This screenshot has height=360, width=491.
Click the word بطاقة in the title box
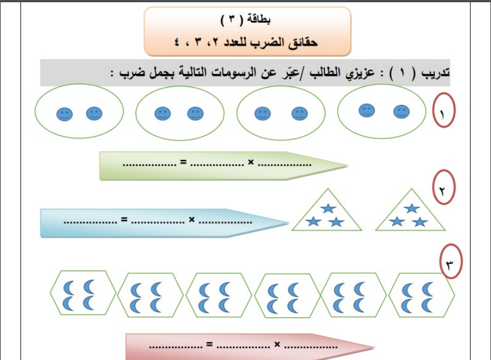coord(259,20)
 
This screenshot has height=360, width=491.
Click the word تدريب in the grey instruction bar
coord(435,73)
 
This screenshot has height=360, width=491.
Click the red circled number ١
coord(444,110)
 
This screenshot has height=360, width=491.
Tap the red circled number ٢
coord(444,187)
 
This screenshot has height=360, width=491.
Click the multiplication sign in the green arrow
coord(251,162)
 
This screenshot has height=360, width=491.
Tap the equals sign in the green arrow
coord(183,162)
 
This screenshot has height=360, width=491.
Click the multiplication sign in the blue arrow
coord(192,220)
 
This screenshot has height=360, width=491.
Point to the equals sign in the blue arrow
coord(125,219)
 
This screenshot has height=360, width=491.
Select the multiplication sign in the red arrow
coord(277,344)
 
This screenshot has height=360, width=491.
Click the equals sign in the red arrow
coord(209,344)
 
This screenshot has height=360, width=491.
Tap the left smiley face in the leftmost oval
coord(65,114)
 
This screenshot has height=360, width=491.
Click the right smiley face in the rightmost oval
coord(401,112)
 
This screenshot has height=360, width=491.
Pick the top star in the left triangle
coord(328,208)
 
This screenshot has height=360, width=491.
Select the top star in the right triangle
coord(411,208)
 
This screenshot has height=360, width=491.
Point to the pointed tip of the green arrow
coord(348,165)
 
